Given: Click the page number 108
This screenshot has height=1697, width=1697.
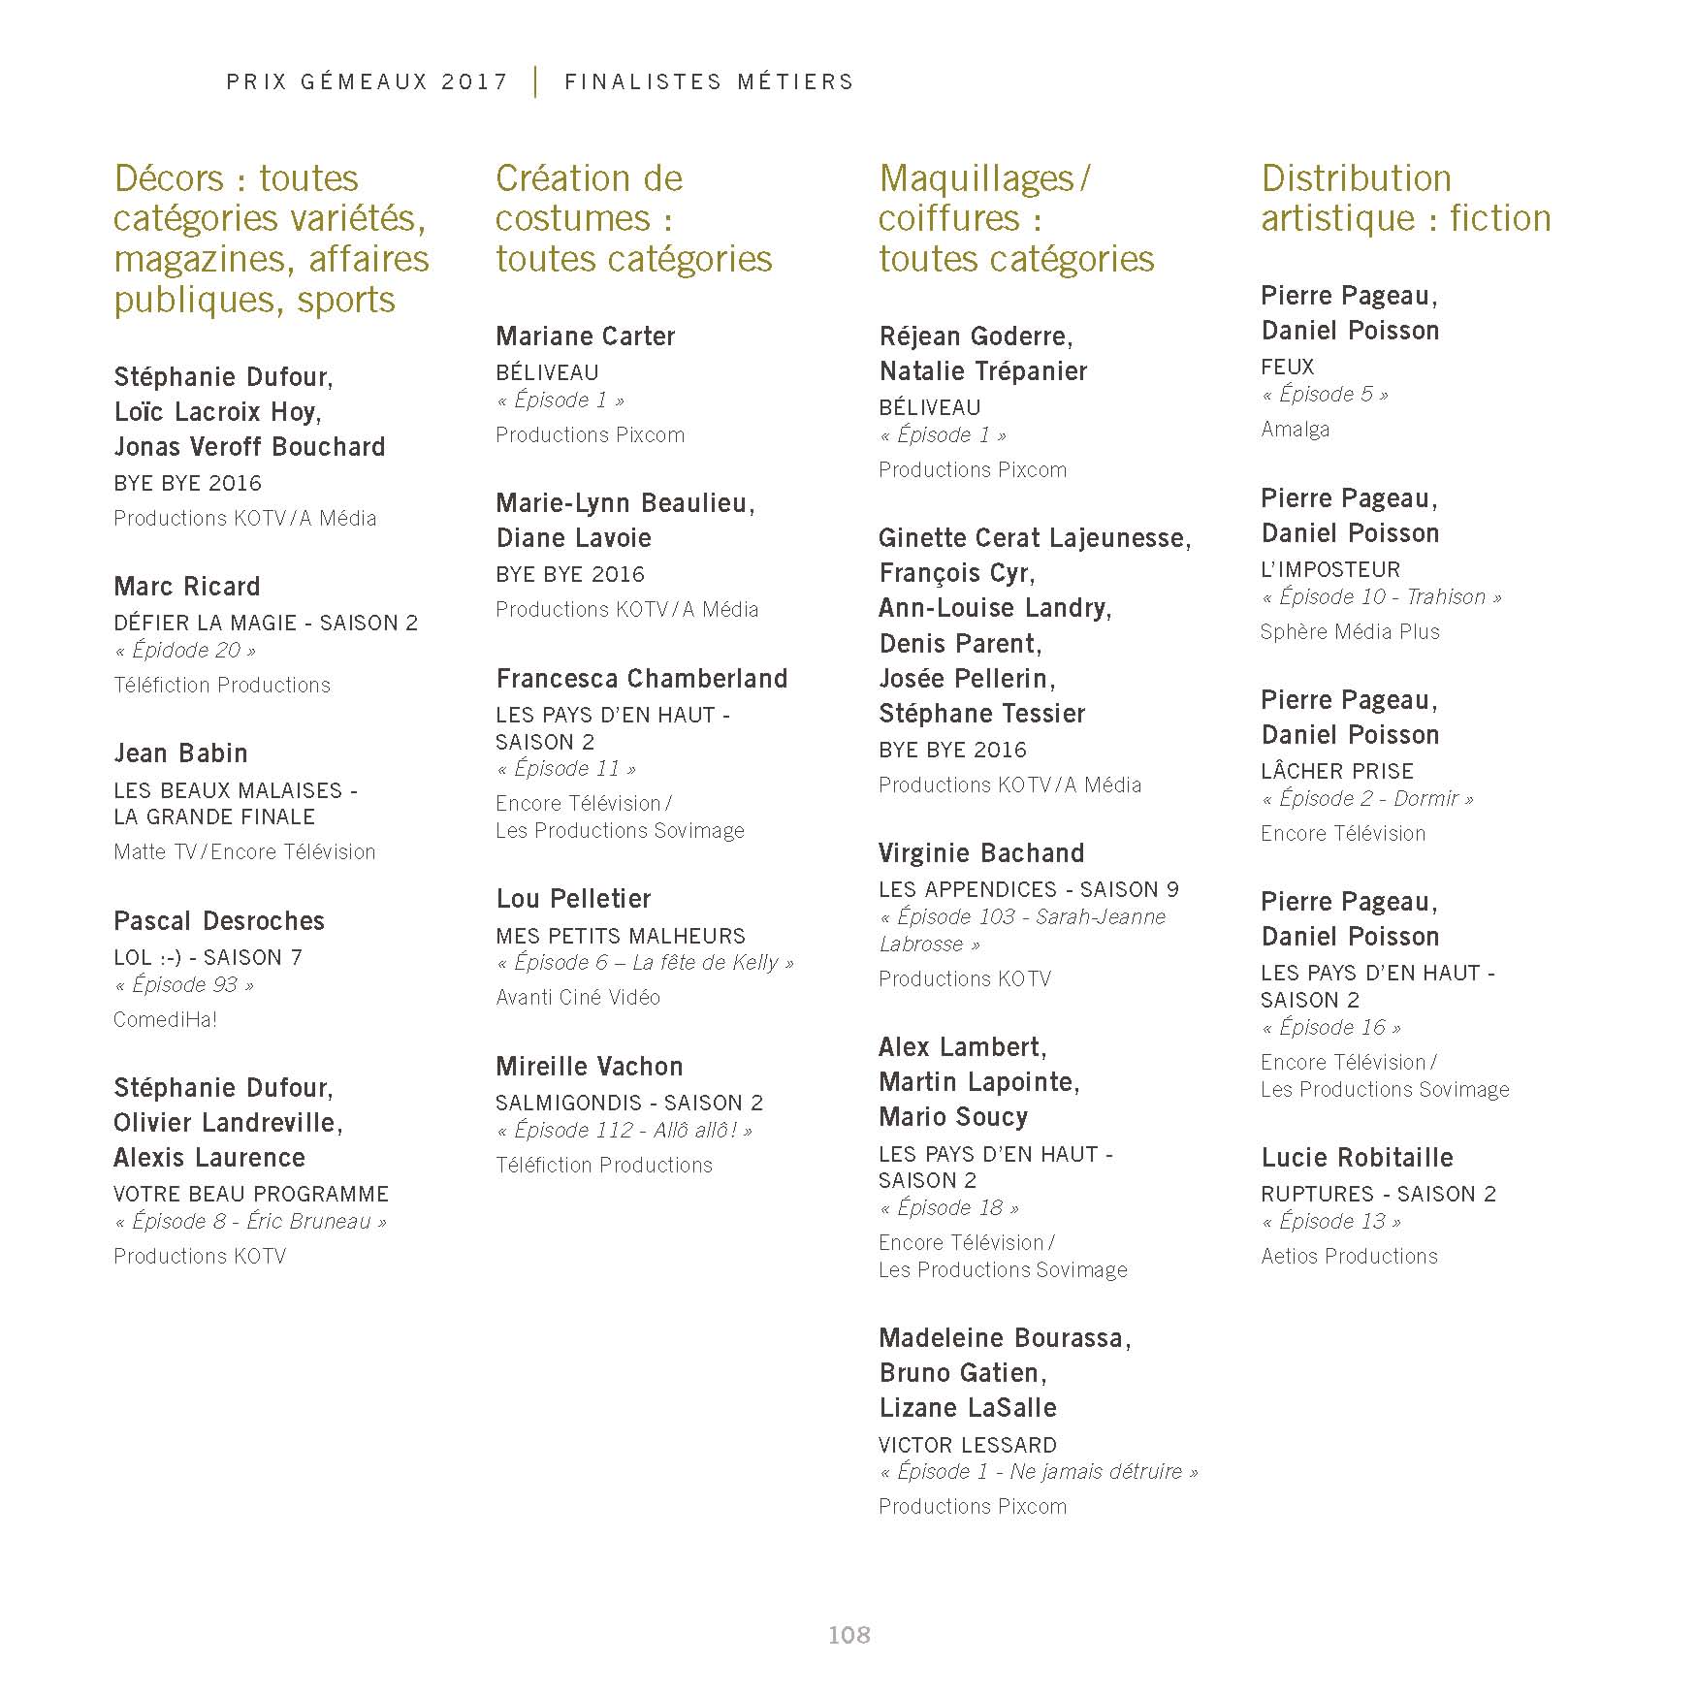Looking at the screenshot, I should (x=848, y=1635).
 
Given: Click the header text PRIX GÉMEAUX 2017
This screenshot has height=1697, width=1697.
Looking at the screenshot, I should (x=368, y=82).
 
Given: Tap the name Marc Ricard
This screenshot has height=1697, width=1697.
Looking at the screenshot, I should (x=187, y=587).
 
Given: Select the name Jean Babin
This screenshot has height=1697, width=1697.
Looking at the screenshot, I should (x=180, y=753).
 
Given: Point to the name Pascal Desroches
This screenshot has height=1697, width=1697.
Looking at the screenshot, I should (x=219, y=921).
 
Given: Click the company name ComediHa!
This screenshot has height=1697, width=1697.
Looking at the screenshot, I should (x=165, y=1019).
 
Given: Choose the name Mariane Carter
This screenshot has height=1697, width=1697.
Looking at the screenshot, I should (x=585, y=336).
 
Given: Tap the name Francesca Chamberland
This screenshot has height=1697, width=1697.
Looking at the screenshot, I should (x=641, y=679).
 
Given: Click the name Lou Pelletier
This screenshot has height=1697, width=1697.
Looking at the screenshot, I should (x=573, y=899).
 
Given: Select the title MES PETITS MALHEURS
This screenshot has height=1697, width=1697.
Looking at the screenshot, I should (x=621, y=936).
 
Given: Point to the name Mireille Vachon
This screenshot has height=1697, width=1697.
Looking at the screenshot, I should (x=589, y=1067).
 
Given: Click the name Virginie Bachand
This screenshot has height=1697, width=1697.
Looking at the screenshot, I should (x=981, y=853).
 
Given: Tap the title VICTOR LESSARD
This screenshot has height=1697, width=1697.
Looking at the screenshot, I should (x=968, y=1444).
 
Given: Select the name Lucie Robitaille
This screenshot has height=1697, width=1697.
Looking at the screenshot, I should (x=1357, y=1158).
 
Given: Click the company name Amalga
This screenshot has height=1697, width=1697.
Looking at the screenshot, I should (x=1295, y=429).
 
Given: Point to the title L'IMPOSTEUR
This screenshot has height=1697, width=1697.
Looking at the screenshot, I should (x=1330, y=569).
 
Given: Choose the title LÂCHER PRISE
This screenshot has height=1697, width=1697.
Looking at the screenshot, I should (x=1337, y=771).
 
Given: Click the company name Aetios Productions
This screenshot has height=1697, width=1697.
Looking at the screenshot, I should (x=1349, y=1256).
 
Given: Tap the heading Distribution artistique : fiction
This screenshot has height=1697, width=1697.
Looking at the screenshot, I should (x=1405, y=199).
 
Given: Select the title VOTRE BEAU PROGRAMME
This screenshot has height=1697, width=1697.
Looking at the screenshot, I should (x=251, y=1194).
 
